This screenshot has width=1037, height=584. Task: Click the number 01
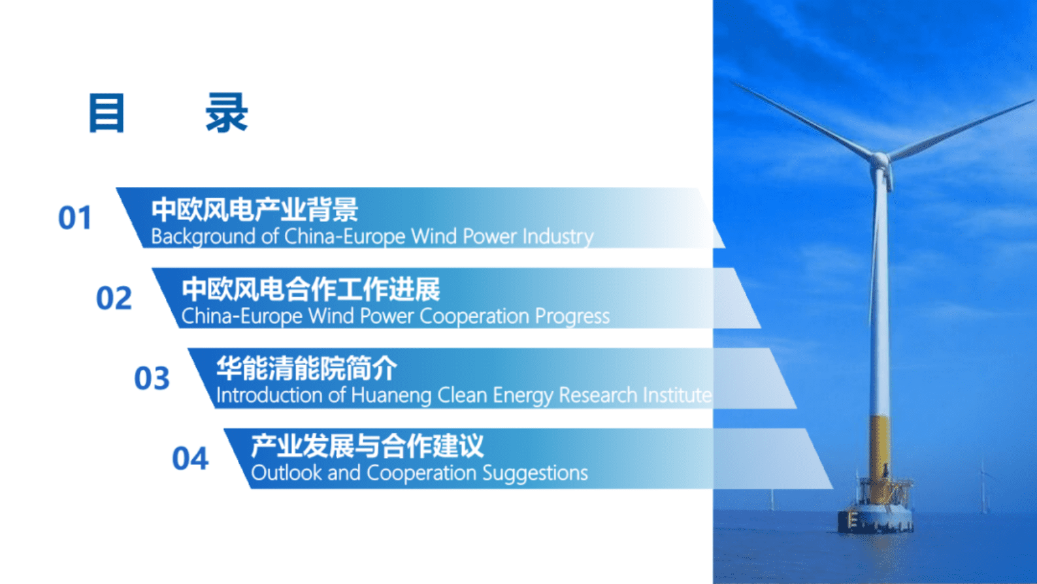tap(75, 218)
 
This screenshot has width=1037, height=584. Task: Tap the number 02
tap(114, 298)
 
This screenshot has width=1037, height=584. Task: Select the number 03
tap(152, 378)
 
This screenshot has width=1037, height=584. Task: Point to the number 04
tap(190, 458)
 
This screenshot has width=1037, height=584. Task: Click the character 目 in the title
tap(107, 112)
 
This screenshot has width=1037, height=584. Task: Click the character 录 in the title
tap(227, 112)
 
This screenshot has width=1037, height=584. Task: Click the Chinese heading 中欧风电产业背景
tap(255, 209)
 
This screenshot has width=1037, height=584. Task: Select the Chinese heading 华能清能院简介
tap(306, 368)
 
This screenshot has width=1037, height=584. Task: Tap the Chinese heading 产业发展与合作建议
tap(367, 446)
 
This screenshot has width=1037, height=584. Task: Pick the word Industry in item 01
tap(558, 237)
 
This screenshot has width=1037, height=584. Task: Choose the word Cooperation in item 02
tap(474, 317)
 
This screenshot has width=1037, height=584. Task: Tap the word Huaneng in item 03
tap(391, 396)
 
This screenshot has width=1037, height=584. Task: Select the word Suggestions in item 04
tap(535, 474)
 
